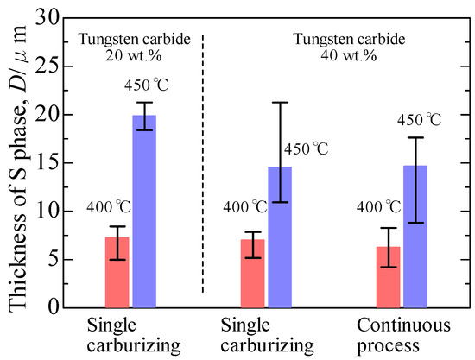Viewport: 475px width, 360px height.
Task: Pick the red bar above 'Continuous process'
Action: [x=389, y=276]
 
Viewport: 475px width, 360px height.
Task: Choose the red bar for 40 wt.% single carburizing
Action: [x=253, y=273]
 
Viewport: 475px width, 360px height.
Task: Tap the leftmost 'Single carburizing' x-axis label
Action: [x=132, y=336]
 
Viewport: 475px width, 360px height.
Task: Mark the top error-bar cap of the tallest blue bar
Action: [x=144, y=102]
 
